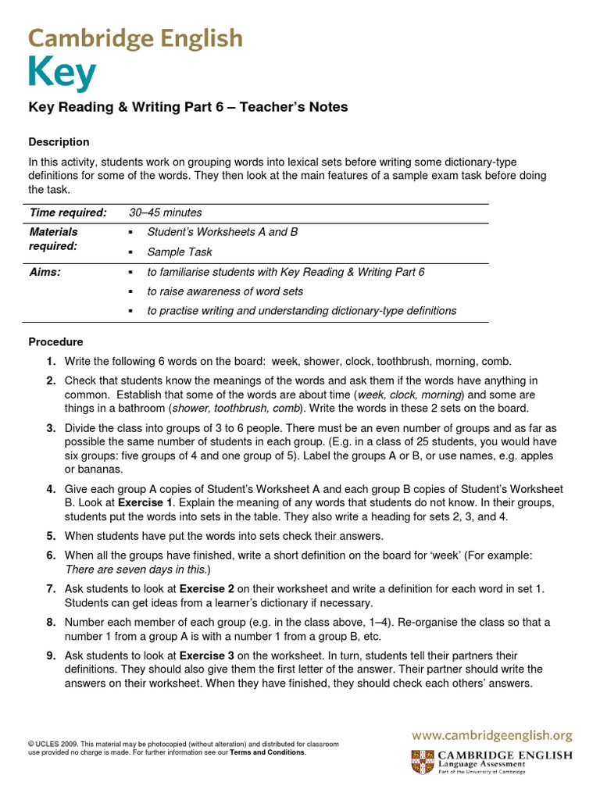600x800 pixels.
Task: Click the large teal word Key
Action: pos(62,74)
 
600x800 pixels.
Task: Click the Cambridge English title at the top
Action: pos(135,38)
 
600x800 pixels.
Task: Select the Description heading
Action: pos(59,142)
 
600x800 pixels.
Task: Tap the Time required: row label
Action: pos(67,212)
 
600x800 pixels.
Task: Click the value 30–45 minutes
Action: pos(165,212)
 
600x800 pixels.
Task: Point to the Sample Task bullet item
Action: pos(179,252)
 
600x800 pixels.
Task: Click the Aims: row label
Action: pos(45,272)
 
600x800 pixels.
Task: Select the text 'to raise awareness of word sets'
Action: pos(225,291)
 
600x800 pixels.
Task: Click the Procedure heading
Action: pos(55,342)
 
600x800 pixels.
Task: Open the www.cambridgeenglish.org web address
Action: pos(492,735)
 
